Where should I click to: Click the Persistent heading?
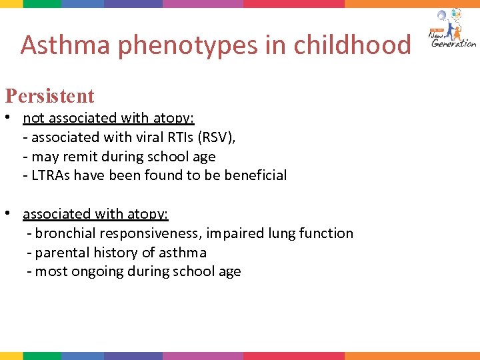click(x=50, y=96)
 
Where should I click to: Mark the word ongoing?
click(x=91, y=272)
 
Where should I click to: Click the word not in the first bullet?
click(x=33, y=119)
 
